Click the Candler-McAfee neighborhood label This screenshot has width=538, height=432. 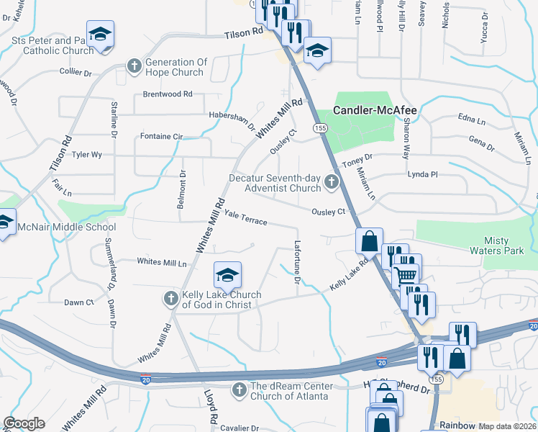pyautogui.click(x=375, y=111)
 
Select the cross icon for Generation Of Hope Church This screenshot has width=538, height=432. pyautogui.click(x=134, y=67)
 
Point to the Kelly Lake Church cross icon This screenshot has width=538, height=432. pyautogui.click(x=170, y=299)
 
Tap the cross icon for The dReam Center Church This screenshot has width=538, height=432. pyautogui.click(x=239, y=390)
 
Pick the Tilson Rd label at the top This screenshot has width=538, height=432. pyautogui.click(x=244, y=34)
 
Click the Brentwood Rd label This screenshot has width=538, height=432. pyautogui.click(x=168, y=94)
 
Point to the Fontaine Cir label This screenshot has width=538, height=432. pyautogui.click(x=162, y=136)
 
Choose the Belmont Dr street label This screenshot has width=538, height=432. pyautogui.click(x=181, y=190)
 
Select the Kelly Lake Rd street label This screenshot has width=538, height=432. pyautogui.click(x=349, y=276)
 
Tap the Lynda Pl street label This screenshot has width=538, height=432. pyautogui.click(x=422, y=174)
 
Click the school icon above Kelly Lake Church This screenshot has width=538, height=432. pyautogui.click(x=227, y=275)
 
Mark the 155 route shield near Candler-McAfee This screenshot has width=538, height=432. pyautogui.click(x=320, y=127)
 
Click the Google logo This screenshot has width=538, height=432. pyautogui.click(x=24, y=423)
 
